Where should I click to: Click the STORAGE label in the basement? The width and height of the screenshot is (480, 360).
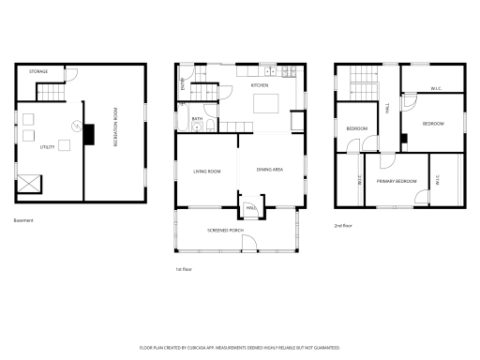38,71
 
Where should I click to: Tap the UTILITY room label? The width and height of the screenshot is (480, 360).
47,146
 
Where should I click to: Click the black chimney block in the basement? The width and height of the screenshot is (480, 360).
89,137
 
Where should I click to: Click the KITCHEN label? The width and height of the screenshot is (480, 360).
259,85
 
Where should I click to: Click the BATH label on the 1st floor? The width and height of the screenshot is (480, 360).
198,119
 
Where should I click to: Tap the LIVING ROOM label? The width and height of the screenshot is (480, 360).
207,172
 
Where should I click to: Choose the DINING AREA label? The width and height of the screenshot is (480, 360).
270,170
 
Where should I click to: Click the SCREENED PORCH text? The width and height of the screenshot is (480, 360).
224,229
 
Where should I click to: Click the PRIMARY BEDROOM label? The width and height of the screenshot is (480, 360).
397,181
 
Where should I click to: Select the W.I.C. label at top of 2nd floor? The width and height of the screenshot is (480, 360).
436,89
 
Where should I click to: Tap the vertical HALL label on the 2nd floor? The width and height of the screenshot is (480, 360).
388,111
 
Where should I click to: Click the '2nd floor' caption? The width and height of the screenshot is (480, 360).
344,226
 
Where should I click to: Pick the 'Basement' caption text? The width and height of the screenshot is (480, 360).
23,220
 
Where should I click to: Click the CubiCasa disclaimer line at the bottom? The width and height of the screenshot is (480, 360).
240,347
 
